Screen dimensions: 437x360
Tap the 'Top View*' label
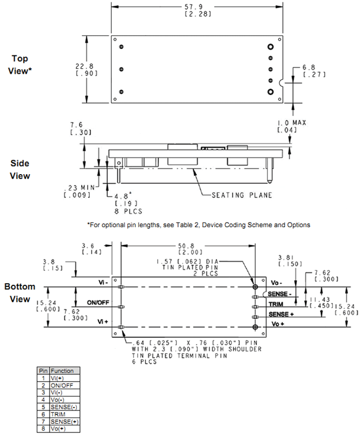21,65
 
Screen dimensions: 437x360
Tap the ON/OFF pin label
98,302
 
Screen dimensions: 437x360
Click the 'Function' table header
62,371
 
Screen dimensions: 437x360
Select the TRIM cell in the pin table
58,415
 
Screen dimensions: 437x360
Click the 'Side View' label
21,169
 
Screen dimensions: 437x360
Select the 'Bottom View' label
20,292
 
